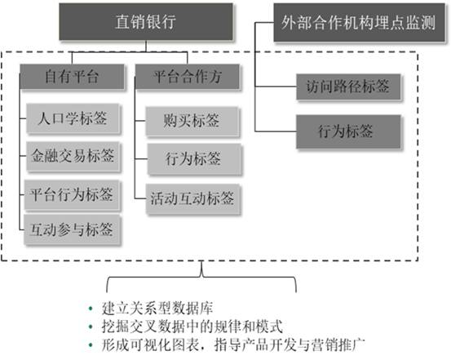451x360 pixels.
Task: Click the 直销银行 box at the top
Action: pyautogui.click(x=146, y=21)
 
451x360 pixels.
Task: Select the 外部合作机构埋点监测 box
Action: pyautogui.click(x=359, y=23)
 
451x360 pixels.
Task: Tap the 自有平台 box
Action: pyautogui.click(x=72, y=77)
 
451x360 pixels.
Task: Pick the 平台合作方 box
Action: pyautogui.click(x=187, y=77)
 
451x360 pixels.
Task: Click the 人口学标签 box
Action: pyautogui.click(x=73, y=118)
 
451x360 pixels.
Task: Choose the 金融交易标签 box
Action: pyautogui.click(x=73, y=156)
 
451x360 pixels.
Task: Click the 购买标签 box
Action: pyautogui.click(x=192, y=121)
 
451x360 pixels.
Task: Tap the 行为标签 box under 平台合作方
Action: pyautogui.click(x=193, y=158)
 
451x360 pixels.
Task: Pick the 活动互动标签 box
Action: pyautogui.click(x=192, y=198)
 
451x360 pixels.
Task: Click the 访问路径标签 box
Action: pyautogui.click(x=348, y=87)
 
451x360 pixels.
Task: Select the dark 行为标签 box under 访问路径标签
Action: pyautogui.click(x=348, y=131)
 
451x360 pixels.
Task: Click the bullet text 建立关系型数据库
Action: pyautogui.click(x=157, y=308)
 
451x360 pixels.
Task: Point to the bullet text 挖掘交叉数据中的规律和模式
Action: pyautogui.click(x=192, y=327)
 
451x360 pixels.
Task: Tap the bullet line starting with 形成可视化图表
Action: pyautogui.click(x=233, y=344)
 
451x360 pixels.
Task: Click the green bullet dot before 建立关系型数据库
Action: pyautogui.click(x=91, y=309)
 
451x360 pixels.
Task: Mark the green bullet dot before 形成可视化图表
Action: pyautogui.click(x=91, y=344)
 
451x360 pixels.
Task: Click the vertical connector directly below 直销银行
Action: pyautogui.click(x=146, y=47)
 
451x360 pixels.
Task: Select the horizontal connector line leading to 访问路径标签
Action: pyautogui.click(x=276, y=86)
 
